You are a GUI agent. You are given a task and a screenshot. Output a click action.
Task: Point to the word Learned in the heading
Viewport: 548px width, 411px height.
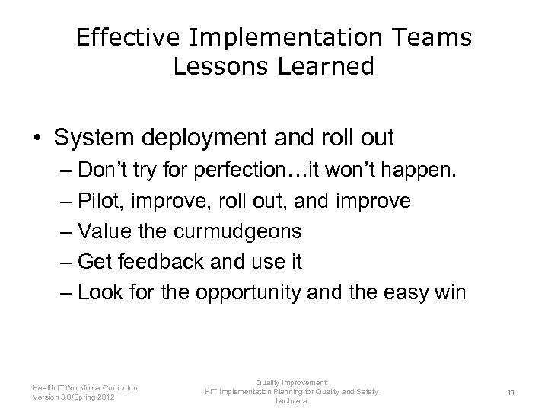[329, 67]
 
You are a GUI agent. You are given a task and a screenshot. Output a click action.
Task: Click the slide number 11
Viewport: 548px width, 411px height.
[511, 391]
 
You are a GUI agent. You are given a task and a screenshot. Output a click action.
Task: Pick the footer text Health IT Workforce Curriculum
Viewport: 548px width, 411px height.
[86, 387]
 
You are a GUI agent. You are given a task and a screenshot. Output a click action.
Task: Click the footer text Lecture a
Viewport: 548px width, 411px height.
[291, 400]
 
